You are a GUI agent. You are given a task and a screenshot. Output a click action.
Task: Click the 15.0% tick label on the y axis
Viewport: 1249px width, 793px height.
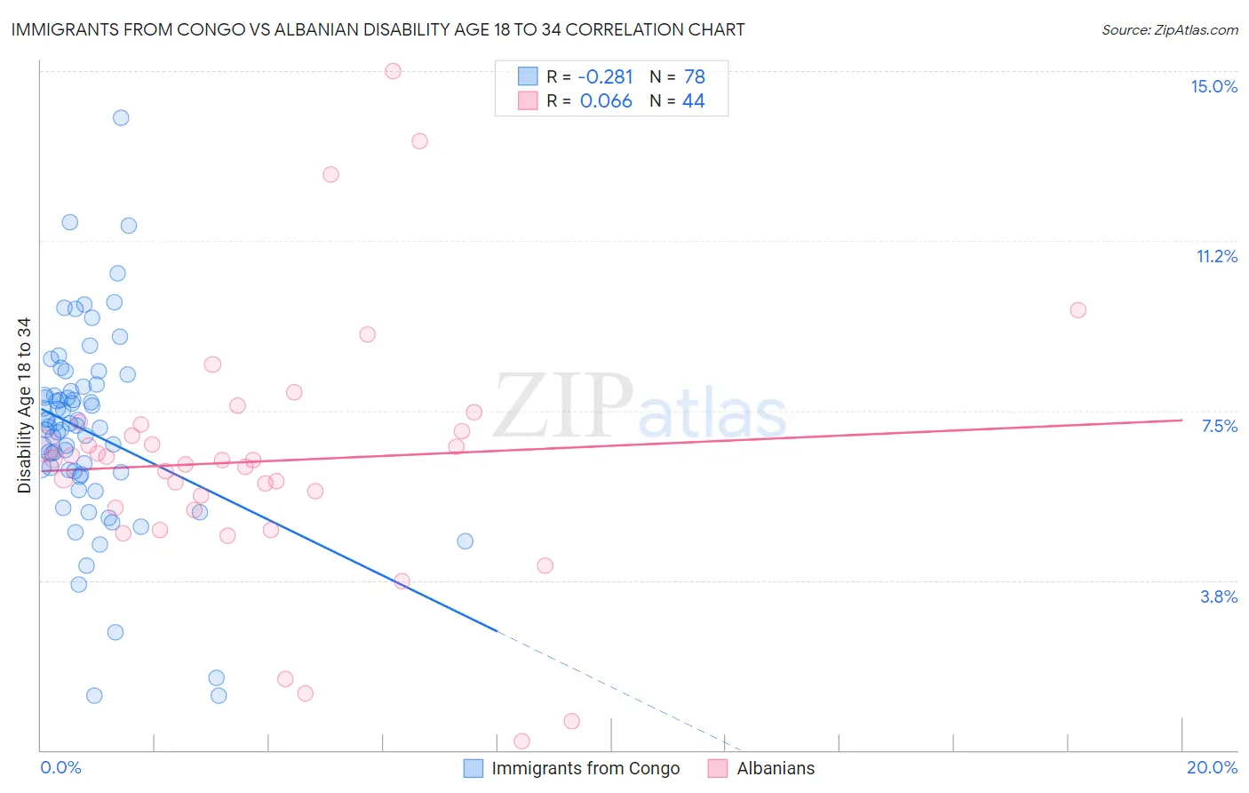[x=1213, y=86]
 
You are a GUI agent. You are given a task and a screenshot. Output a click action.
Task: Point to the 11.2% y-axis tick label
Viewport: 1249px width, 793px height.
[x=1216, y=256]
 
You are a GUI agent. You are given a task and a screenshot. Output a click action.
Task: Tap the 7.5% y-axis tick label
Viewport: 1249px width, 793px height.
[x=1219, y=426]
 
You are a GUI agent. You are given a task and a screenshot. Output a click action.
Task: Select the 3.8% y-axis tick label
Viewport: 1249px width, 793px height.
[x=1219, y=597]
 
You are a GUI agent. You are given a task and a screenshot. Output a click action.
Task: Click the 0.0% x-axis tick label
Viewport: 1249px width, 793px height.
[x=60, y=767]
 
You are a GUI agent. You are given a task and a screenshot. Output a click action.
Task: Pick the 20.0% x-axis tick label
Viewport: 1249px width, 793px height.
[x=1212, y=767]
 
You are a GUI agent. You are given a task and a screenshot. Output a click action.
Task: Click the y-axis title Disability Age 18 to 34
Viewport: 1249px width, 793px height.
[x=24, y=405]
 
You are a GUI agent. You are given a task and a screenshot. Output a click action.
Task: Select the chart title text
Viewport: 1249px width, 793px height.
[x=378, y=29]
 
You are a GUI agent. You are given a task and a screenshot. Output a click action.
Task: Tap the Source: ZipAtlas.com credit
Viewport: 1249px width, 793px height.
[x=1169, y=29]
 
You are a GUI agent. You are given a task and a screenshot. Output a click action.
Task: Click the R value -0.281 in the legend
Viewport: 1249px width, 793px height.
[x=605, y=76]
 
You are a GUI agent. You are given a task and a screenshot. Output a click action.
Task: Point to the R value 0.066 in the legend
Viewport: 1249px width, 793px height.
[x=606, y=101]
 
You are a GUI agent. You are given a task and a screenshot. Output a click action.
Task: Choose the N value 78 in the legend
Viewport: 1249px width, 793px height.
[x=694, y=76]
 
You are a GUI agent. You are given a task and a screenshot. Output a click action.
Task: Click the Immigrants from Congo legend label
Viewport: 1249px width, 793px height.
[x=585, y=768]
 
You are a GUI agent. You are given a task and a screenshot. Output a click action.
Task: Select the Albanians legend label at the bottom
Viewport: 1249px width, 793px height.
[x=776, y=768]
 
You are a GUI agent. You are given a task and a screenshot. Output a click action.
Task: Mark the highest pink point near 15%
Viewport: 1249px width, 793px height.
[x=393, y=71]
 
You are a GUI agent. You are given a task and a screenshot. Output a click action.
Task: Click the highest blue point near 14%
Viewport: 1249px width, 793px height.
[x=121, y=117]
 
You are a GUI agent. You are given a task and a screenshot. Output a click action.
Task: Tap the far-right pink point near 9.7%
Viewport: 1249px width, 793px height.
[x=1078, y=309]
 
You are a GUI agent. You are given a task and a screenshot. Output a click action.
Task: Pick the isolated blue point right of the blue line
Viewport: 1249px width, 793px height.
[x=465, y=541]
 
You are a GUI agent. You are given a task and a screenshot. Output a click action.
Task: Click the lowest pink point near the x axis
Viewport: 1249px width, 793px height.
[x=521, y=741]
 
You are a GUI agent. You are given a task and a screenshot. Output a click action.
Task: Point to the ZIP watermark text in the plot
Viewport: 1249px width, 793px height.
[x=563, y=406]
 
